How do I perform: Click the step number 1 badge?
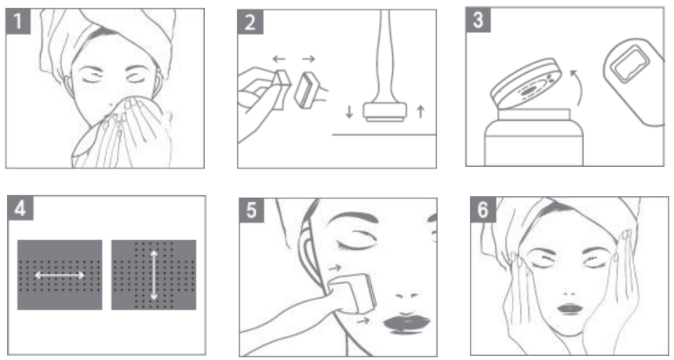[18, 21]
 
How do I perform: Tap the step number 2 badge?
[250, 22]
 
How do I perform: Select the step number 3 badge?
[478, 20]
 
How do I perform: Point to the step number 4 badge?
[20, 209]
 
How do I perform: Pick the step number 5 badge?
[251, 210]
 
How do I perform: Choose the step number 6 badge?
[483, 210]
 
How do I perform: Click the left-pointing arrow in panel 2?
[279, 59]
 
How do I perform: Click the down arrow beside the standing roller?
[349, 112]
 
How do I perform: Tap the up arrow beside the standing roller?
[421, 111]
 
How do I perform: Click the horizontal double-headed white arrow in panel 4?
[60, 275]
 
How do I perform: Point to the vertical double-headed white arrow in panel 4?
[154, 275]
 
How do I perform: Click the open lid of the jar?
[526, 83]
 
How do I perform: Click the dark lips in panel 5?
[406, 323]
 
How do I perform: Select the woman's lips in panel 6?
[569, 309]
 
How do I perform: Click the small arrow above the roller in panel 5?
[335, 268]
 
